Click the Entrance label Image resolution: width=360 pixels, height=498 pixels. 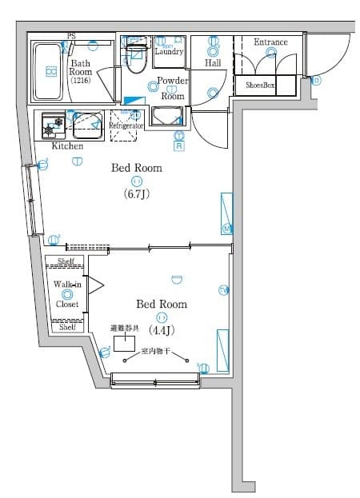pos(270,42)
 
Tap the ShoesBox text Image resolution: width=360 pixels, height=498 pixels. pos(260,84)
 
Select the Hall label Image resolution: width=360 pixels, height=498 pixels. pos(213,62)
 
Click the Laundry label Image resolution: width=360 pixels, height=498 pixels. pos(169,52)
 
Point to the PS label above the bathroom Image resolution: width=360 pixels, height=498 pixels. pos(72,36)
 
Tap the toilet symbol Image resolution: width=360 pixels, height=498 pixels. pos(136,58)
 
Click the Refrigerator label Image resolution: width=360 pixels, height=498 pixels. pos(126,126)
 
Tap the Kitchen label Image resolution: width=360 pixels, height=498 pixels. pos(67,146)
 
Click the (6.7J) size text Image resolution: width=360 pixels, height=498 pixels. pos(136,194)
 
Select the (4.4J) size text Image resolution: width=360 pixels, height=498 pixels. pos(161,330)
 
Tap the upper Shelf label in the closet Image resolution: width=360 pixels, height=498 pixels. pos(66,261)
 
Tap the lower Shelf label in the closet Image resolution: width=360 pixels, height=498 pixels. pos(67,326)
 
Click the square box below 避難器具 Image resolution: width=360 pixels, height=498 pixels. pos(124,344)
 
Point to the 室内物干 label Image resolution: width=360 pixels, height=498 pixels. pos(155,351)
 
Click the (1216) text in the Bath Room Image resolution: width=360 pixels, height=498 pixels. pos(80,80)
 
